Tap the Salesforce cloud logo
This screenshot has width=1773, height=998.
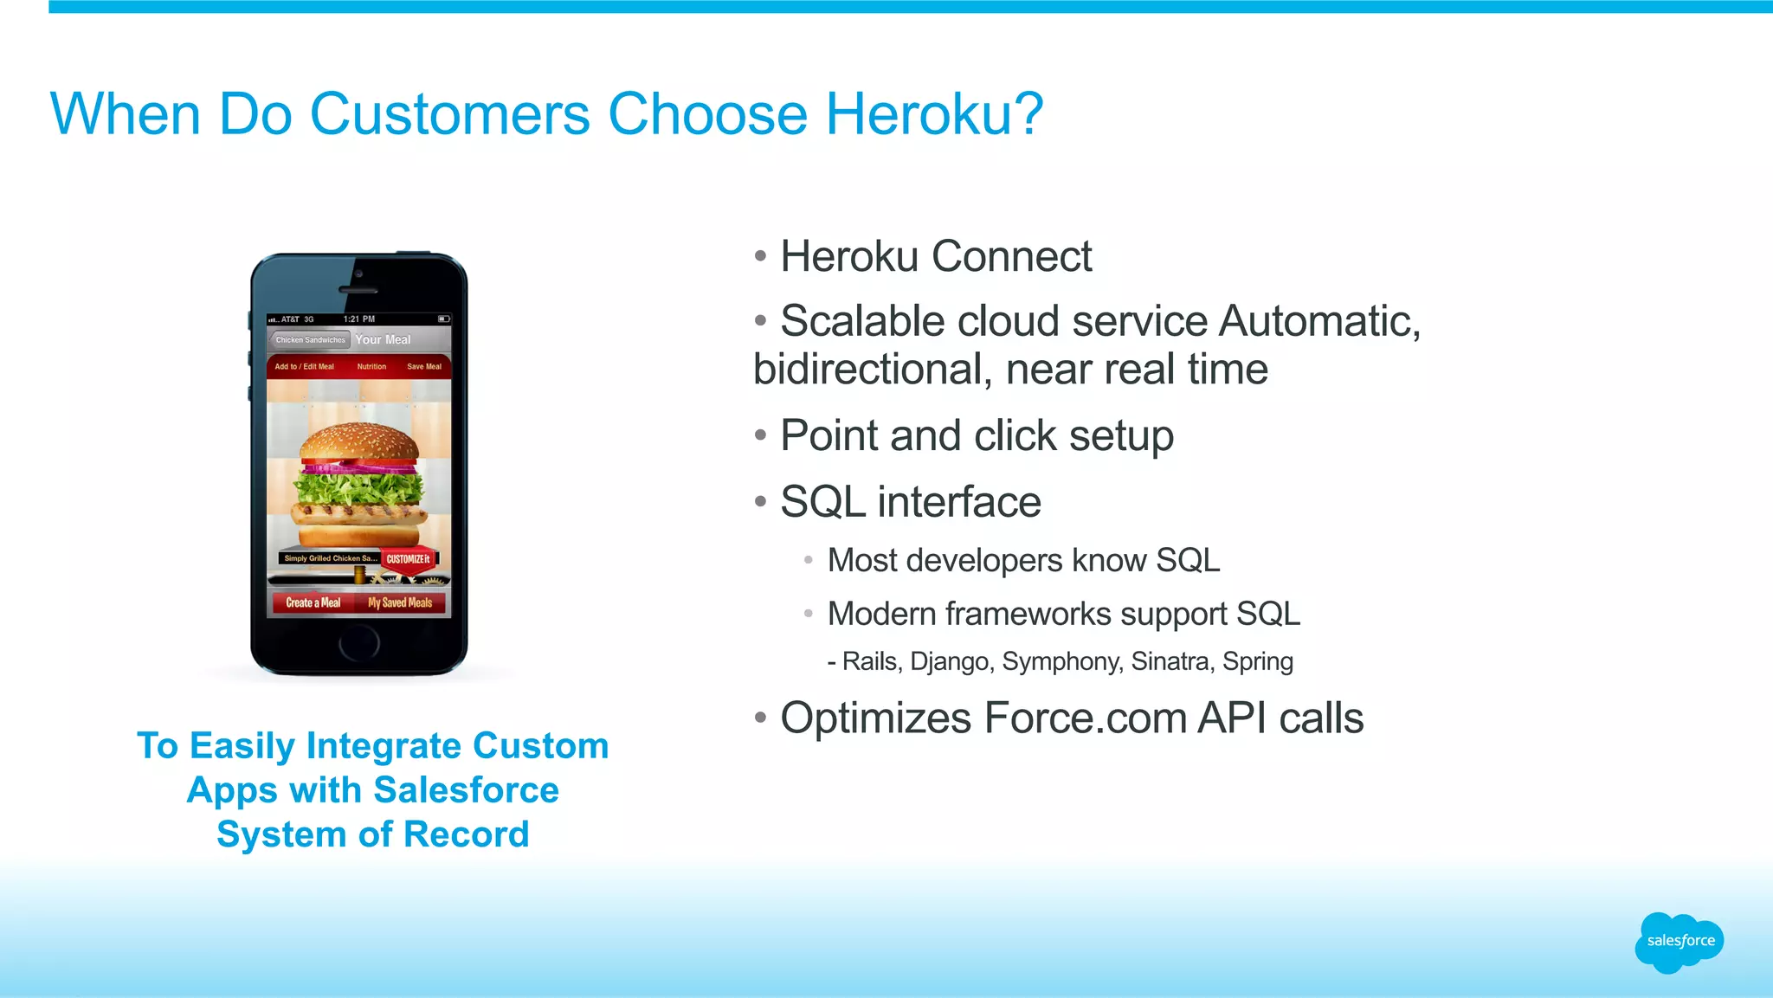click(1680, 942)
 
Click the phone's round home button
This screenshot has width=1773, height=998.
click(358, 642)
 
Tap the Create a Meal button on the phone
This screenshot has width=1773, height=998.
click(313, 602)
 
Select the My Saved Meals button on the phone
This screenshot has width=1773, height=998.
click(400, 602)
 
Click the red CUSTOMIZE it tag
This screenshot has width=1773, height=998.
click(408, 559)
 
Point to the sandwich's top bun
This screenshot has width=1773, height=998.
click(359, 442)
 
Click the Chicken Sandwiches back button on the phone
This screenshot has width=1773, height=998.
click(309, 340)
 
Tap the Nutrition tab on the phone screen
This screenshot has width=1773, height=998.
click(371, 367)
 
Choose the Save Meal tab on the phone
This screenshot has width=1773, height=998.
click(424, 367)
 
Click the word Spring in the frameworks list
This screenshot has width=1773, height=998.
click(1257, 661)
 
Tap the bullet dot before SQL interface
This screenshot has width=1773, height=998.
click(760, 502)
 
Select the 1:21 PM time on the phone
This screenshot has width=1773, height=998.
click(359, 319)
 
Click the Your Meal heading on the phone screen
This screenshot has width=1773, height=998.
click(383, 340)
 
